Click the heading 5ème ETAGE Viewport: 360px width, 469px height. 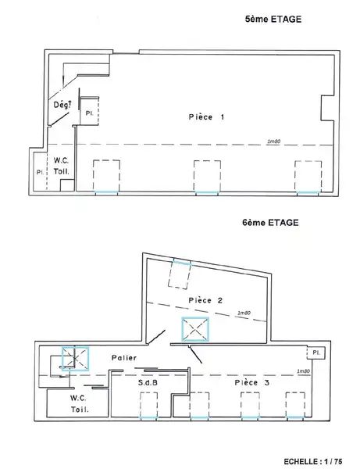[273, 19]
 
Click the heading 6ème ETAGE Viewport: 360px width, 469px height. [270, 223]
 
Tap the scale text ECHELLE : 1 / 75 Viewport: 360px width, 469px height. [313, 461]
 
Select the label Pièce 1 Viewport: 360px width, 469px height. [206, 116]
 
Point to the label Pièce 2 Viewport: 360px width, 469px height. [206, 300]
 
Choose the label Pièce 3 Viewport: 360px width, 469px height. [252, 382]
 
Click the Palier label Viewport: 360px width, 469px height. [124, 357]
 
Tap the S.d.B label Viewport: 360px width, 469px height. [148, 382]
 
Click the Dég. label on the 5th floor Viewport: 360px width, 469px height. [62, 105]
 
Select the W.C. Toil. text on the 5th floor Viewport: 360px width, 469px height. [61, 166]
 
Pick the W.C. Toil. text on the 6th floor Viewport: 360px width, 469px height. [79, 404]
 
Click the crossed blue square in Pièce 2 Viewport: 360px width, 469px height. [195, 329]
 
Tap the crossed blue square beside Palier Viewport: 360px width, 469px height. [75, 358]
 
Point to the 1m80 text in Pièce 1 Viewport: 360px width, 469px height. [273, 141]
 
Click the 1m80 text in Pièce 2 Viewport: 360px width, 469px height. [244, 313]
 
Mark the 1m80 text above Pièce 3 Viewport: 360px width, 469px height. [303, 371]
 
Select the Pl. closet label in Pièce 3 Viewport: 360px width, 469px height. [316, 353]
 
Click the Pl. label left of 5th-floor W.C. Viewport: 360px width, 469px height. [40, 172]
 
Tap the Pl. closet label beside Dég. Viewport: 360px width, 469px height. [89, 113]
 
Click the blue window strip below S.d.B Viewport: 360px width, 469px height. [148, 417]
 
